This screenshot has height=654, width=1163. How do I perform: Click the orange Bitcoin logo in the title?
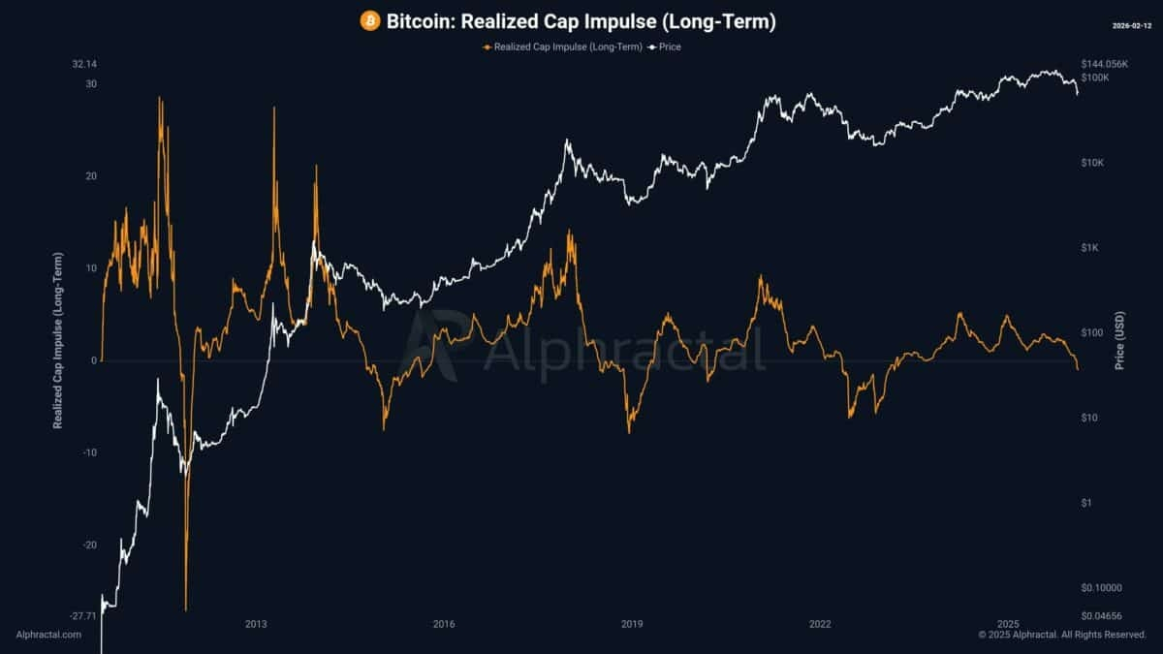(x=369, y=20)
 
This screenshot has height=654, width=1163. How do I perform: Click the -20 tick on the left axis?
(x=90, y=545)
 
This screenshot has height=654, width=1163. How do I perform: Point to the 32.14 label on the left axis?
(x=84, y=64)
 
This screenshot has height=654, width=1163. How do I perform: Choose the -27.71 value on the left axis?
(x=83, y=615)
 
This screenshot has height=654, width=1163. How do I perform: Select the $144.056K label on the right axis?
(x=1104, y=64)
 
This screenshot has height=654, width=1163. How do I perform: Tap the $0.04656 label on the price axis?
(x=1100, y=615)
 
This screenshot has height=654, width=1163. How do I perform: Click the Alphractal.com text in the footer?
(x=48, y=635)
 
